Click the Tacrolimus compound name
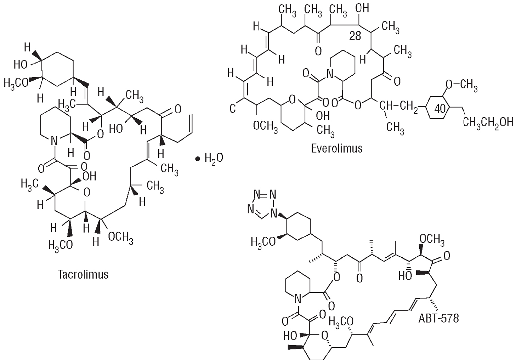pyautogui.click(x=83, y=274)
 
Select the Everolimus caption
pyautogui.click(x=336, y=148)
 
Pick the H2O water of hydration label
pyautogui.click(x=214, y=158)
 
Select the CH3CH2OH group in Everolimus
pyautogui.click(x=488, y=122)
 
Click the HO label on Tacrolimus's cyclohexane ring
pyautogui.click(x=20, y=64)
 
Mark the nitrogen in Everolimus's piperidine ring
pyautogui.click(x=330, y=74)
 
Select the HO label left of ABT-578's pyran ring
pyautogui.click(x=290, y=335)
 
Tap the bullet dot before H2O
pyautogui.click(x=198, y=159)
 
